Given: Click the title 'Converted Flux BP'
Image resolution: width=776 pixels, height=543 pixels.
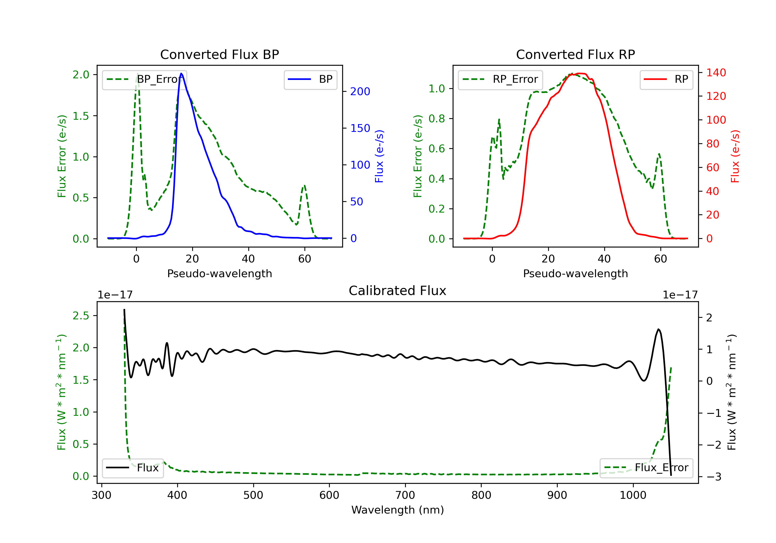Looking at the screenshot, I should (219, 54).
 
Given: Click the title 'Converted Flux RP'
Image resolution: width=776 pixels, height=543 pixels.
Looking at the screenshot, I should (575, 54).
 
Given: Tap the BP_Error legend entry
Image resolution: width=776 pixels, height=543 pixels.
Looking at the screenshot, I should (144, 79).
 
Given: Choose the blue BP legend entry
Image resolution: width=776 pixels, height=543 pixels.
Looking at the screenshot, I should (310, 79).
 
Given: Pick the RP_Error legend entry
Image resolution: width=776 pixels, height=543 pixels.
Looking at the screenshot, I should (500, 79).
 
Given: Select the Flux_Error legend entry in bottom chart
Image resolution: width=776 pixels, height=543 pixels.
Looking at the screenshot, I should (646, 468).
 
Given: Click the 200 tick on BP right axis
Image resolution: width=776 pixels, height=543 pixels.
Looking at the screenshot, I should (360, 92).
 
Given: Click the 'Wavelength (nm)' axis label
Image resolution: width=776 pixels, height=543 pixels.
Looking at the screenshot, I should (398, 510).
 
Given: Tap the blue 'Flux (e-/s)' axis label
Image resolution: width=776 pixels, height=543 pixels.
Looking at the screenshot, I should (379, 156).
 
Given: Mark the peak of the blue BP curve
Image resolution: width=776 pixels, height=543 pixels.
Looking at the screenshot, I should (182, 73).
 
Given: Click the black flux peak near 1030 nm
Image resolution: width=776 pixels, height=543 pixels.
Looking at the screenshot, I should (658, 329).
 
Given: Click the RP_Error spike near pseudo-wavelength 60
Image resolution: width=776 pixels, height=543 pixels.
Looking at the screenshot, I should (659, 154).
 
